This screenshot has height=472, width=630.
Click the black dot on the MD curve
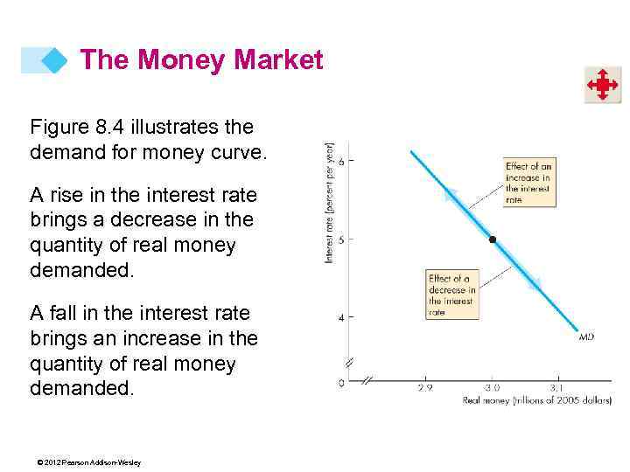pos(492,239)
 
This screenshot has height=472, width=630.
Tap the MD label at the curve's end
pos(586,337)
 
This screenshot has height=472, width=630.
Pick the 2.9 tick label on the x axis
pos(426,387)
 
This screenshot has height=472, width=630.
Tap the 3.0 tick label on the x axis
pos(492,387)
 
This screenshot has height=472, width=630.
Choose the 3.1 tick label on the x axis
pos(557,387)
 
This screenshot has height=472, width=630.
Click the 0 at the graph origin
pos(341,383)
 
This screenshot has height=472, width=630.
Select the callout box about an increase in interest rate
pos(528,182)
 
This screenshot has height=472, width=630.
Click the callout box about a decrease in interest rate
pos(451,295)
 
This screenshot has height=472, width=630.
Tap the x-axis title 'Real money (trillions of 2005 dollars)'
pos(535,400)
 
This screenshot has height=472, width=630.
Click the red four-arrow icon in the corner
pos(602,86)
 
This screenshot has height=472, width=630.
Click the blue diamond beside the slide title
pos(54,60)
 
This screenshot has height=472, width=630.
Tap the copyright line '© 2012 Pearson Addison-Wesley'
pos(85,462)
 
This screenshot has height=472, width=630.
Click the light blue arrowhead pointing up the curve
pos(451,196)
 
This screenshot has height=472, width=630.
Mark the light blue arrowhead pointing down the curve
pos(534,282)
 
